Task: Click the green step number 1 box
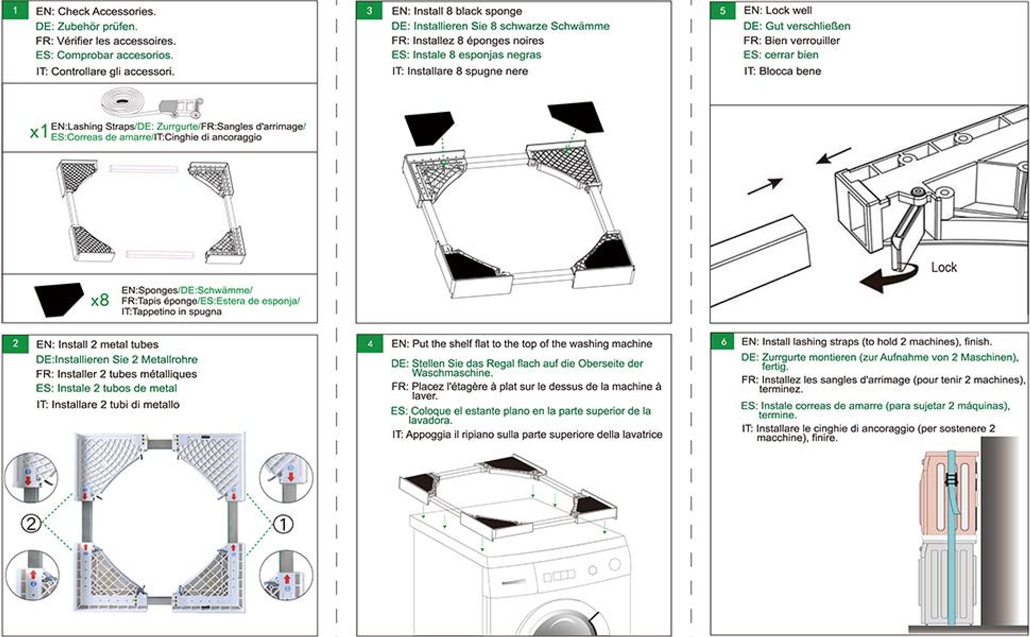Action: (15, 10)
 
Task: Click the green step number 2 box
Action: (15, 343)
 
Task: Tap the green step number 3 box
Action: (369, 11)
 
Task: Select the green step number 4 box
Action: (370, 343)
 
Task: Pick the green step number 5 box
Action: (723, 11)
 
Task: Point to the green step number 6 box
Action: (724, 341)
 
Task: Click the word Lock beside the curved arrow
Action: (943, 267)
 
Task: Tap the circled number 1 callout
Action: (283, 524)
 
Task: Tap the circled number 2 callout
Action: (31, 524)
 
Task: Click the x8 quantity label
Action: (99, 300)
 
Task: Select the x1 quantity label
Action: (39, 132)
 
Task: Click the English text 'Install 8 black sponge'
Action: (468, 11)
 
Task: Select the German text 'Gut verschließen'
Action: (808, 26)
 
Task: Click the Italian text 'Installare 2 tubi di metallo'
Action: (115, 405)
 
